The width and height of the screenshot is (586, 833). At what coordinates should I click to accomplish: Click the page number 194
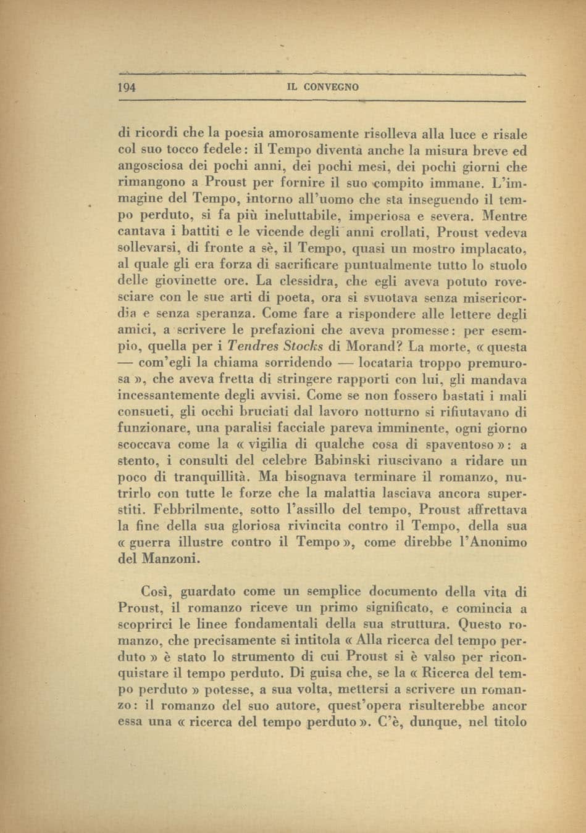(127, 87)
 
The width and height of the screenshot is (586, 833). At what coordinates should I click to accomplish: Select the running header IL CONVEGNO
(323, 88)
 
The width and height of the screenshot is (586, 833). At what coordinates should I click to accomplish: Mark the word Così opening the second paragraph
(156, 592)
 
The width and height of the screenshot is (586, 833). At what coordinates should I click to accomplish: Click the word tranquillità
(207, 477)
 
